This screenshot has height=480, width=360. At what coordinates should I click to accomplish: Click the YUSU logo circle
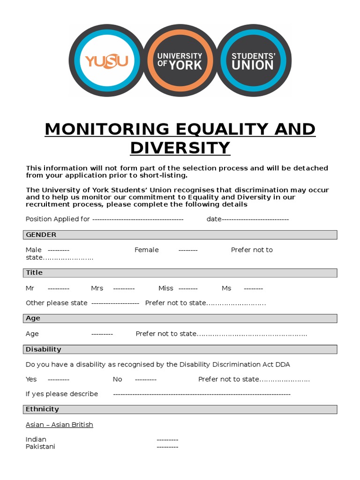coord(107,60)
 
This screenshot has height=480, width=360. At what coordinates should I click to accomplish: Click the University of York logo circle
coord(180,60)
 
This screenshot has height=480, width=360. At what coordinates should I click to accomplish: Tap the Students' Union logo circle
coord(253,60)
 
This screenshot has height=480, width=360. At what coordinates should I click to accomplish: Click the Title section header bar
coord(180,273)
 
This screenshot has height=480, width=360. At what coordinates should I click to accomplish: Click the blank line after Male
coord(59,250)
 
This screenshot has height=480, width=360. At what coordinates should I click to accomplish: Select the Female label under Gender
coord(147,250)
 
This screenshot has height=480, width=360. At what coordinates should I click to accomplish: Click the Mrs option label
coord(97,288)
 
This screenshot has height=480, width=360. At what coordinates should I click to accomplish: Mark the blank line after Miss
coord(188,289)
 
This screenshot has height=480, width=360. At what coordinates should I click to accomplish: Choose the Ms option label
coord(226,288)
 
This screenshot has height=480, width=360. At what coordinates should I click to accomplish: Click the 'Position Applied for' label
coord(58,219)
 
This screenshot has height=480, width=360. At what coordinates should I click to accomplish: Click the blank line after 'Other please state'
coord(115,303)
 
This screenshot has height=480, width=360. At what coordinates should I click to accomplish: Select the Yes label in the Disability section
coord(31,379)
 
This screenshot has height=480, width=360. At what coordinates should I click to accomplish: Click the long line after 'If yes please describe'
coord(202,394)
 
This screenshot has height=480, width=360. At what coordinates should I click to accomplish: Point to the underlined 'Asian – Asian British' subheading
coord(60,425)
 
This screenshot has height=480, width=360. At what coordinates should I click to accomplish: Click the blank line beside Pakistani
coord(167,447)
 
